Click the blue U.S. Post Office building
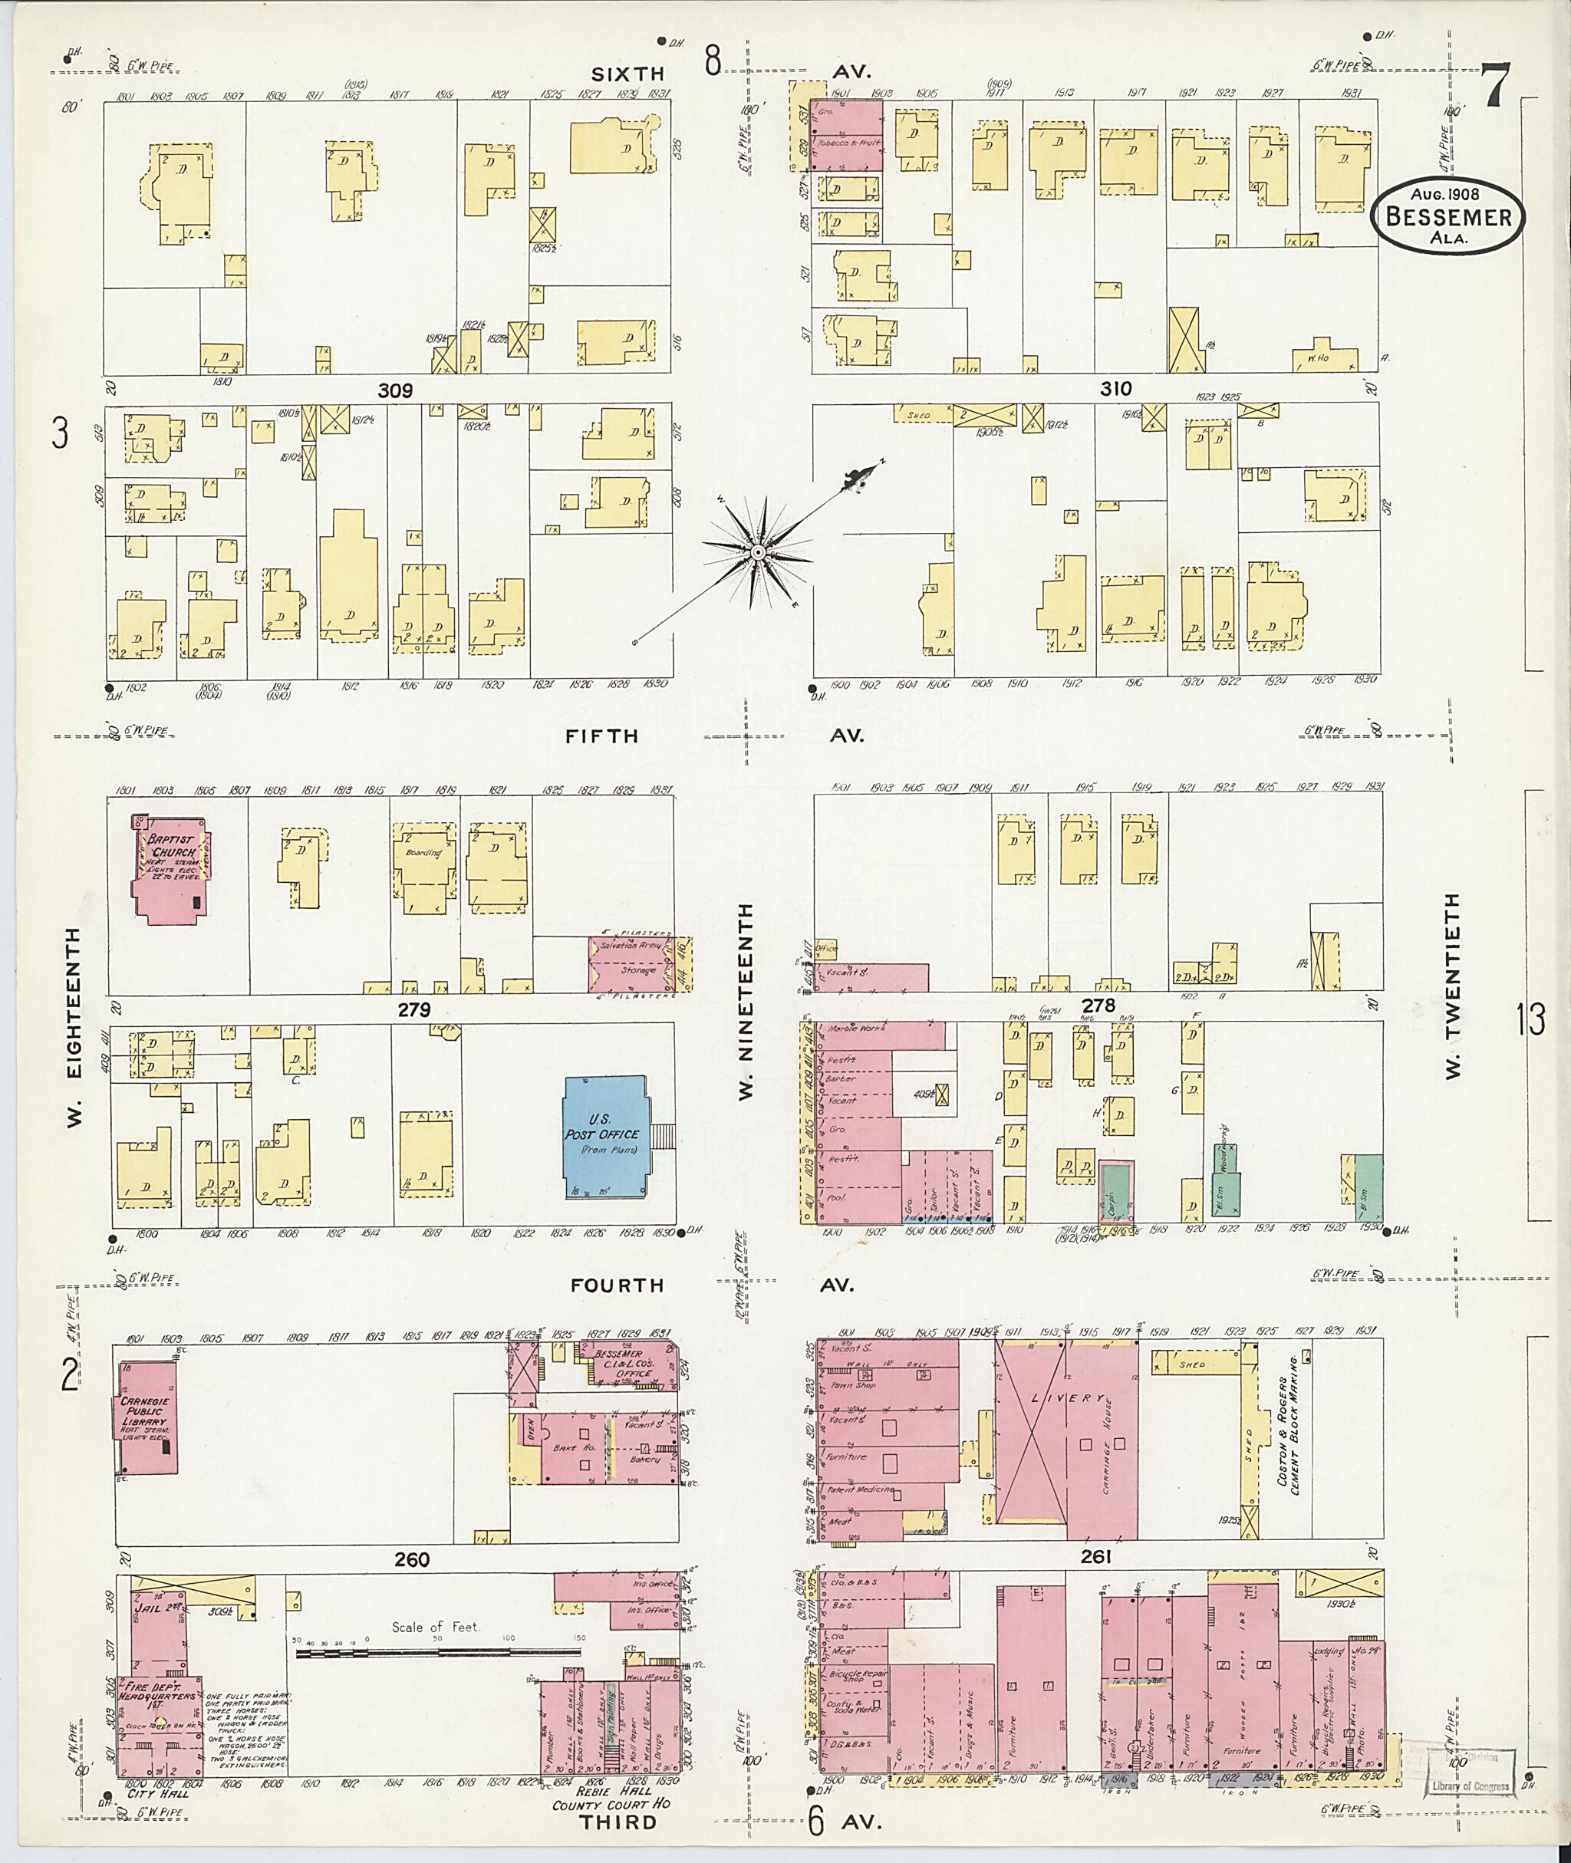click(605, 1137)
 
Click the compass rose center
click(757, 553)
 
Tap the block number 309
click(394, 390)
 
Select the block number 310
click(1115, 388)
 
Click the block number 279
click(414, 1010)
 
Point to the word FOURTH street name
click(618, 1285)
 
